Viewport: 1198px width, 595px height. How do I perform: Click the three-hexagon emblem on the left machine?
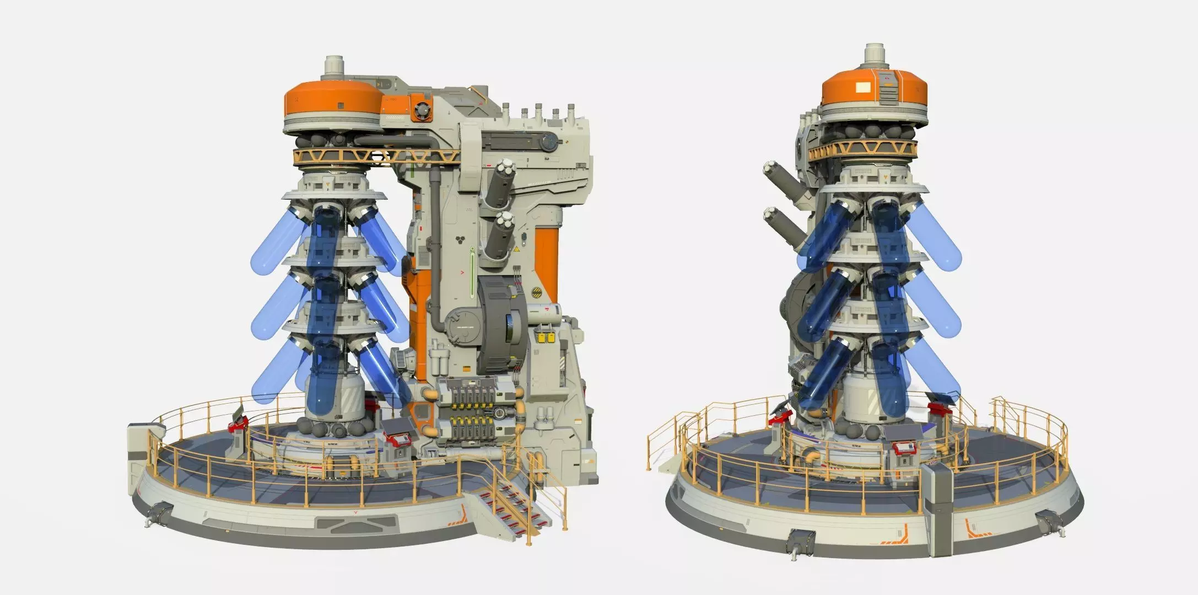click(x=461, y=241)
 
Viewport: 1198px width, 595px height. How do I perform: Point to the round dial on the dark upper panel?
click(x=549, y=141)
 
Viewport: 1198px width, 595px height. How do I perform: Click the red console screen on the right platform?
click(x=904, y=448)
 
